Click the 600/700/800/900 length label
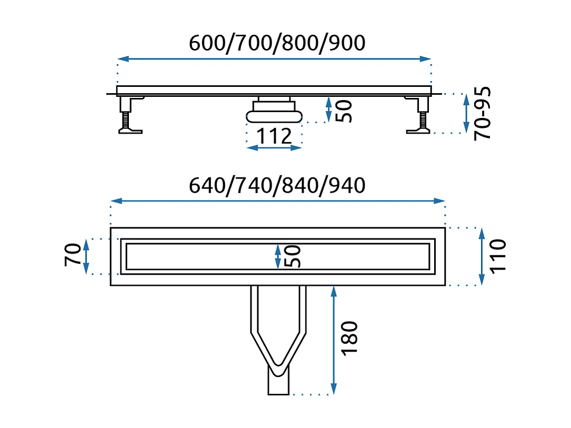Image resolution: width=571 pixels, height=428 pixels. coord(277,43)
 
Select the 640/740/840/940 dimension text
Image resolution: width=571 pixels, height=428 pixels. coord(277,185)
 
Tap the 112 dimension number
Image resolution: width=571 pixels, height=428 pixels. coord(274,136)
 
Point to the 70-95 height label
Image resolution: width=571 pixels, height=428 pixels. coord(483,113)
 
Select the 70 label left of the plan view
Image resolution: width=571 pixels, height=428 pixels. coord(73,255)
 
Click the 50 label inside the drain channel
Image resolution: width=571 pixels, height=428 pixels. coord(293,256)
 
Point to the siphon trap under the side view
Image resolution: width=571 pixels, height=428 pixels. coord(274,112)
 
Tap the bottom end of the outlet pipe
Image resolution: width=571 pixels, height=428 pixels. coord(278,391)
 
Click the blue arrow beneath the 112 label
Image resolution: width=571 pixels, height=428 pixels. coord(274,148)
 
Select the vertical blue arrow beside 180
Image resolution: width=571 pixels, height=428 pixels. coord(333,340)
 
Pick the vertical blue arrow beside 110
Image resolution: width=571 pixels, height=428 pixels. coord(481,256)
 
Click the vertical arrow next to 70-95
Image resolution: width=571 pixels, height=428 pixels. coord(465,113)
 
